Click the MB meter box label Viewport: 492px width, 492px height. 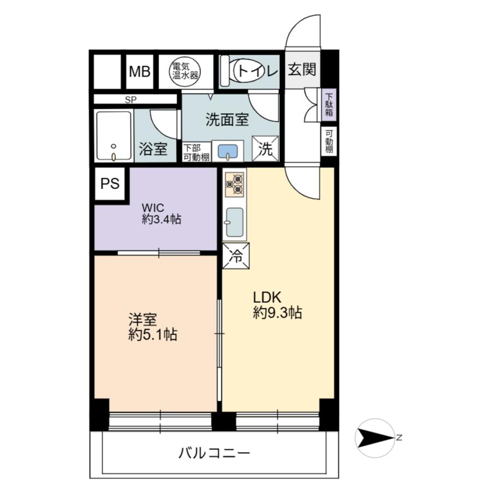[x=139, y=72]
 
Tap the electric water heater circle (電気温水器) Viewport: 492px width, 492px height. [x=184, y=71]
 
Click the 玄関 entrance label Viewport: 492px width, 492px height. [x=302, y=70]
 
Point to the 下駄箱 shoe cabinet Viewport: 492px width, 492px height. [x=330, y=104]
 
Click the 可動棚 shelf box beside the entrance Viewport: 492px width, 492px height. [x=330, y=141]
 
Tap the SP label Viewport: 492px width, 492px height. [x=131, y=99]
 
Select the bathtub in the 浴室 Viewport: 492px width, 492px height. [x=114, y=136]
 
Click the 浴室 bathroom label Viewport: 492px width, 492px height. [x=153, y=149]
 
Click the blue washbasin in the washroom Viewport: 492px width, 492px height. [x=228, y=151]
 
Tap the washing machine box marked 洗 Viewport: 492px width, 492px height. [x=265, y=149]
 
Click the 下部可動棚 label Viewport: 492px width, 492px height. [x=196, y=152]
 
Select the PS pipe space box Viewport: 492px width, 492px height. [x=110, y=184]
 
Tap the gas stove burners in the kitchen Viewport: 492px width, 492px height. [x=235, y=184]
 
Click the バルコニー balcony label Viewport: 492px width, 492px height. [x=214, y=453]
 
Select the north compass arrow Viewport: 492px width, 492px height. [x=375, y=437]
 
